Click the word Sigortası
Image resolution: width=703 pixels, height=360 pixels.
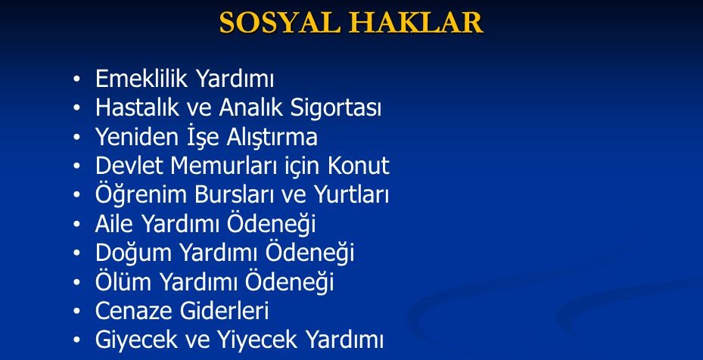336,109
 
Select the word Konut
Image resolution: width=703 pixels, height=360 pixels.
359,166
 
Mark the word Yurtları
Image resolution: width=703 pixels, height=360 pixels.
351,195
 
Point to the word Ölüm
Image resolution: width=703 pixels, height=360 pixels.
125,281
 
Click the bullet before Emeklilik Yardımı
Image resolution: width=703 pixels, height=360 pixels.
76,79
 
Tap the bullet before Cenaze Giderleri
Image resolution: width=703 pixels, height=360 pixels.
76,311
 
